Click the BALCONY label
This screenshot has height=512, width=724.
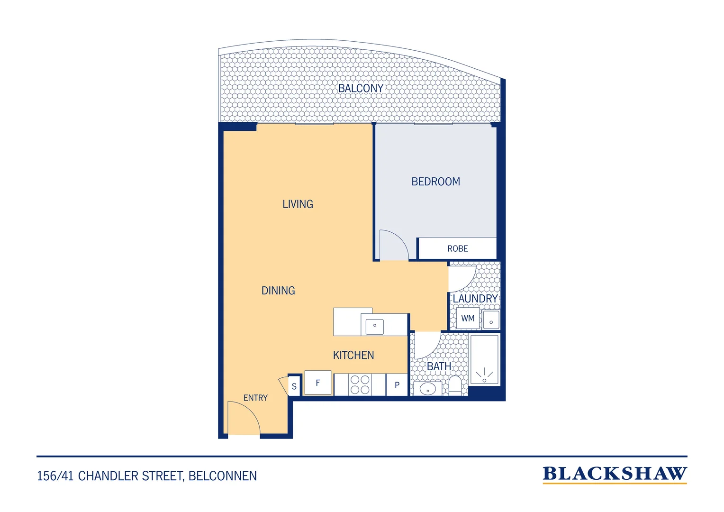(361, 88)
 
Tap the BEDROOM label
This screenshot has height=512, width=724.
(436, 182)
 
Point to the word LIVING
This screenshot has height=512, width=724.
(298, 204)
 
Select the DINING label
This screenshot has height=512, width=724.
(278, 291)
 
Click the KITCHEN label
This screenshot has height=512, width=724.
(353, 355)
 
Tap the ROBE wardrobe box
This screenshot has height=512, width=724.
(457, 248)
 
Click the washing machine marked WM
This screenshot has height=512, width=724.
(468, 318)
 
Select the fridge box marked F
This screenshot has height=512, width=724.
(318, 383)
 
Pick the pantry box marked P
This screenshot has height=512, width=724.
(397, 385)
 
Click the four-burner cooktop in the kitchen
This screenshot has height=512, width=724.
(360, 384)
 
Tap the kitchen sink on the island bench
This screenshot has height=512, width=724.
(375, 327)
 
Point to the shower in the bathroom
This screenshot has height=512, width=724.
(484, 360)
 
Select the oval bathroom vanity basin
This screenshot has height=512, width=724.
(427, 389)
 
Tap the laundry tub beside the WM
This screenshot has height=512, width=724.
(490, 320)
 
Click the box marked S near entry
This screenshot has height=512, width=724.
(294, 386)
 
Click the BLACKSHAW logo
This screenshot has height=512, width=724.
(615, 475)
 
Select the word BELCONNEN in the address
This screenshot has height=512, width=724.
(223, 476)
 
